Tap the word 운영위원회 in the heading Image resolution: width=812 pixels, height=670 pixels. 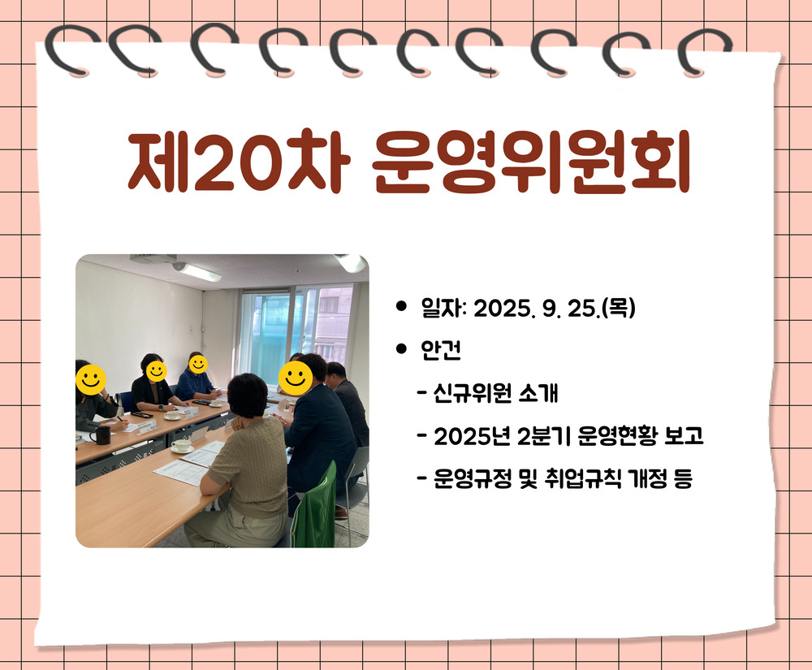[x=531, y=161]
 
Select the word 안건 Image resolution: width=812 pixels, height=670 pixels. [x=441, y=350]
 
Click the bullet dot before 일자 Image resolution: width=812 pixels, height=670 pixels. [x=401, y=306]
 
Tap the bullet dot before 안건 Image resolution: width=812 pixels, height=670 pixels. [x=401, y=349]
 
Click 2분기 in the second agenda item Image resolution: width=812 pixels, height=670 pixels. [x=544, y=436]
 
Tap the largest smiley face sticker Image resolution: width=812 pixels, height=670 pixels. [x=296, y=378]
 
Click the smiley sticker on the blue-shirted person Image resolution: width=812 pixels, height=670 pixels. [x=198, y=364]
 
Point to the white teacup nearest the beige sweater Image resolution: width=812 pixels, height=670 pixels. [x=181, y=446]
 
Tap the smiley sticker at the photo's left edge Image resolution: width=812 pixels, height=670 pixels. [x=91, y=380]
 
